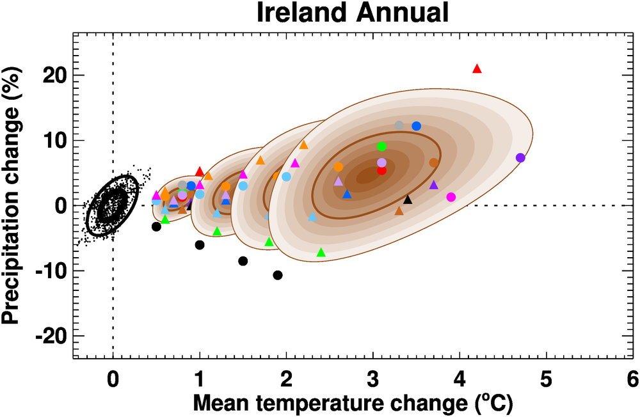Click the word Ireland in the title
point(296,13)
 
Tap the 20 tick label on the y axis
point(57,75)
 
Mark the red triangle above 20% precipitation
point(476,68)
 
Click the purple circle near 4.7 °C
point(520,157)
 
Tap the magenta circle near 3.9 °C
point(451,197)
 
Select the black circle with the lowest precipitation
point(278,275)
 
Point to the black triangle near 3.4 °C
point(408,200)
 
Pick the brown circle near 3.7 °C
point(434,162)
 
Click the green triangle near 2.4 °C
point(321,253)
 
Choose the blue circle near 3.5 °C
point(416,126)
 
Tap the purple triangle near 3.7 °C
point(433,185)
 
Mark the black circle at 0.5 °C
point(156,226)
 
